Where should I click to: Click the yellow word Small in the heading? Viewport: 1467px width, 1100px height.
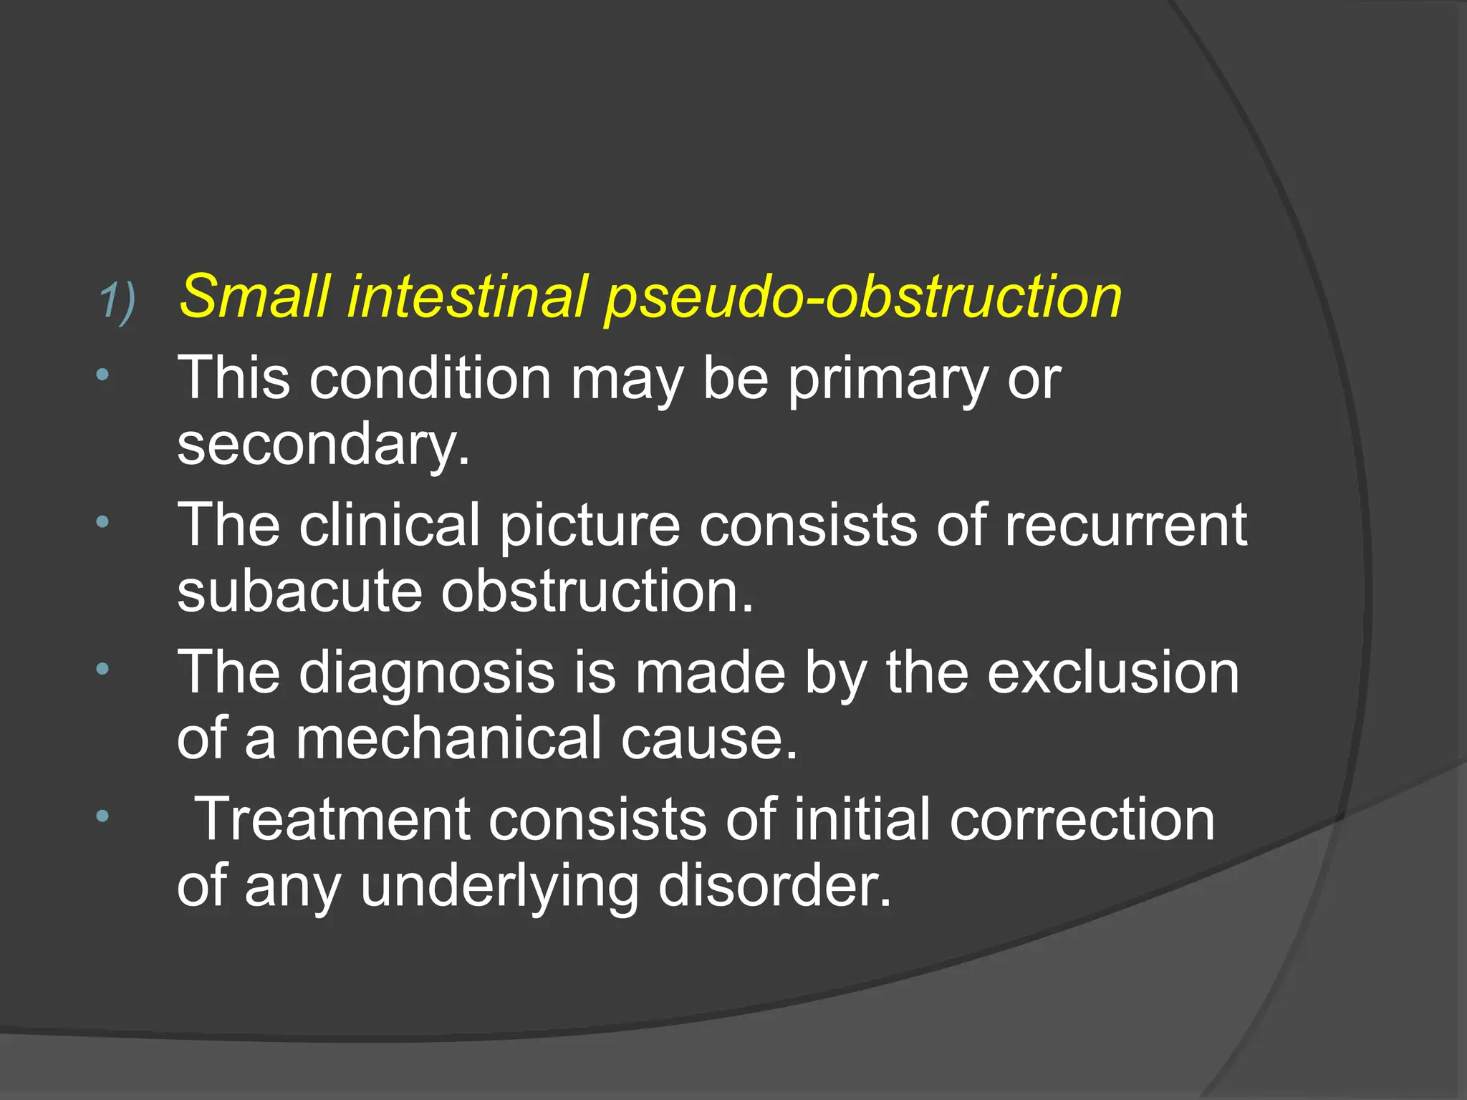(254, 296)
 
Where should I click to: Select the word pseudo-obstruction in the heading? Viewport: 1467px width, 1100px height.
(862, 298)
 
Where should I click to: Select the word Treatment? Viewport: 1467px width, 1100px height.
(332, 819)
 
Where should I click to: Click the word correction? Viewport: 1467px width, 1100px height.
(1082, 819)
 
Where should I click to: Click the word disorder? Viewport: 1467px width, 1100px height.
(774, 886)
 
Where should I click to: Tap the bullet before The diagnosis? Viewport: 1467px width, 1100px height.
(103, 670)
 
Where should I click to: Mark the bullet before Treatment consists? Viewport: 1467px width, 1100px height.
(103, 816)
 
